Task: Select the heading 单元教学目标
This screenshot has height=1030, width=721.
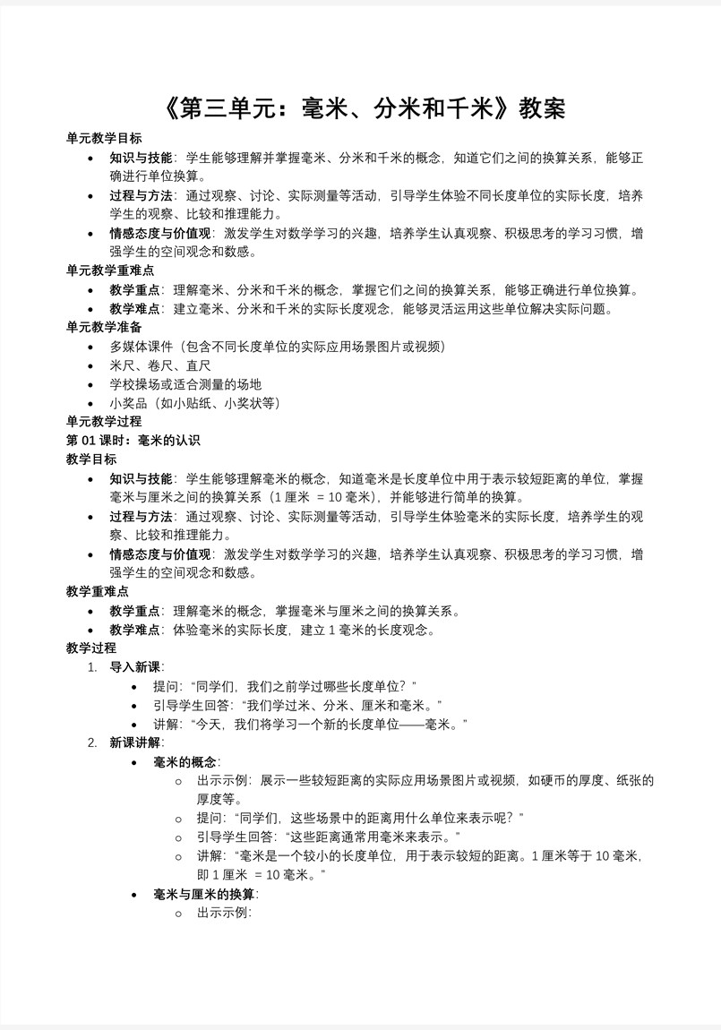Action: tap(104, 139)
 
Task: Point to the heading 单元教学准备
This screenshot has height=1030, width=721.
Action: tap(104, 327)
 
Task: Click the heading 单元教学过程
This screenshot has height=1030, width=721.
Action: tap(104, 421)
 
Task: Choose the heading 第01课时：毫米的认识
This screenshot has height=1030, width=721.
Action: tap(133, 440)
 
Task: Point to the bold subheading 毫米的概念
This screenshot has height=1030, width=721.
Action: tap(185, 762)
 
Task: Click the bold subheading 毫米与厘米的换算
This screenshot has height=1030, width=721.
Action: tap(204, 894)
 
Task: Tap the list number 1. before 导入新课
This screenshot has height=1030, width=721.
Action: tap(92, 666)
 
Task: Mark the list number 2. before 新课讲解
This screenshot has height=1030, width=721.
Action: tap(92, 742)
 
